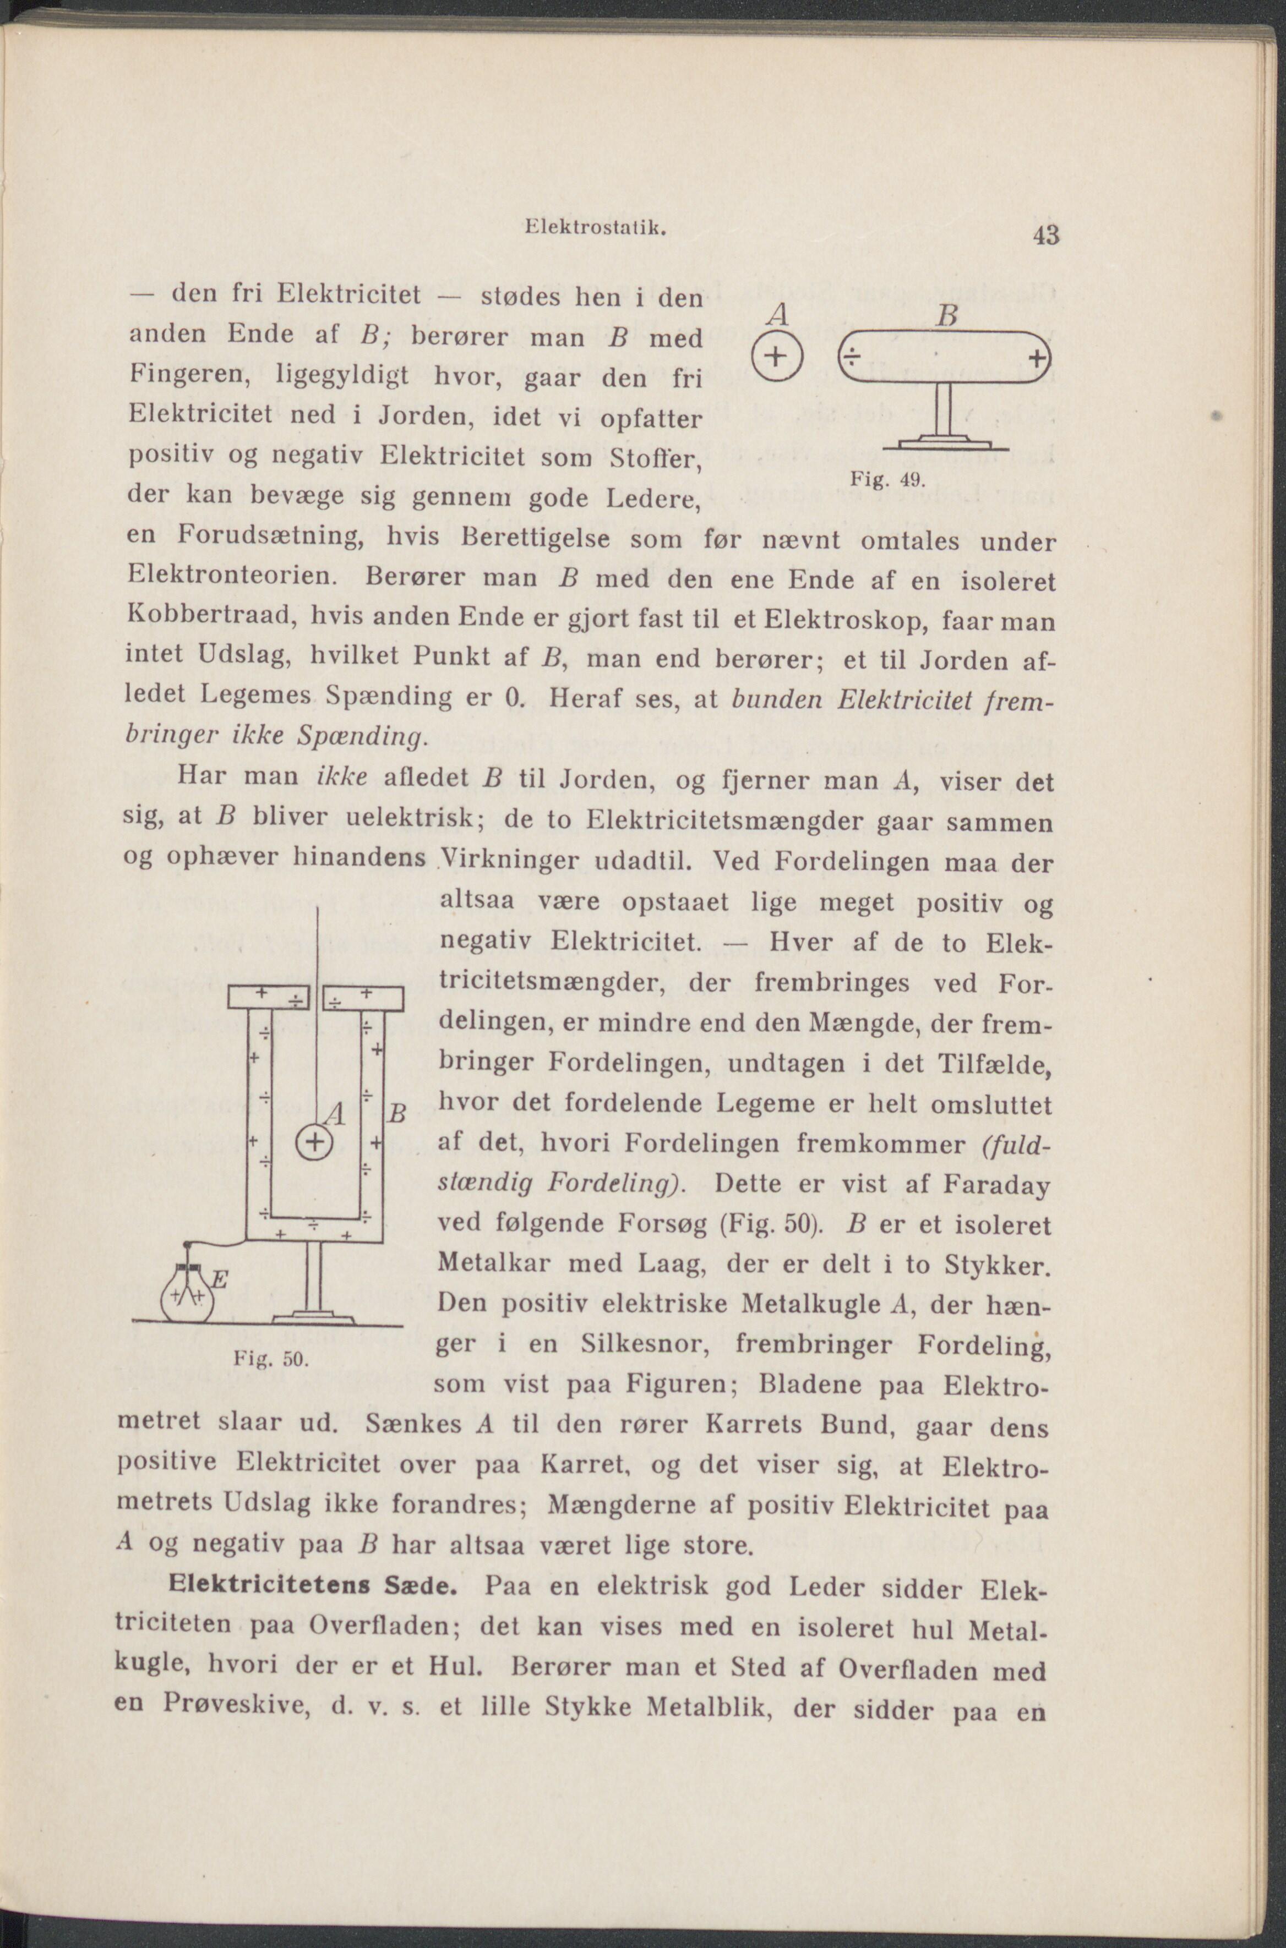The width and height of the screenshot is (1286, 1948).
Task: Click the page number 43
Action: (1047, 236)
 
